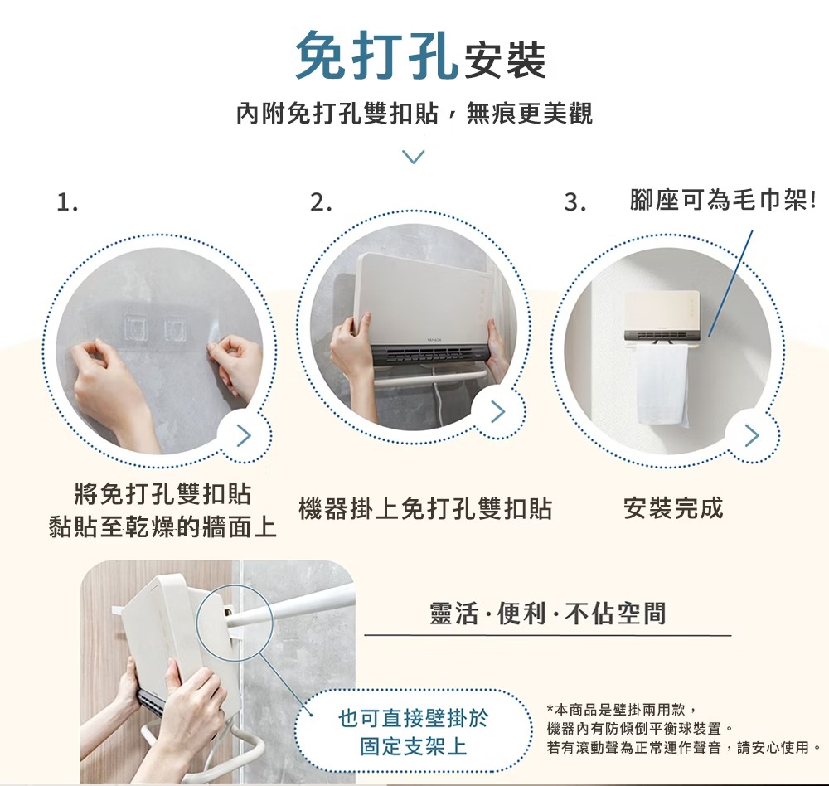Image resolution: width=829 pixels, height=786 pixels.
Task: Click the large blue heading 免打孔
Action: [376, 56]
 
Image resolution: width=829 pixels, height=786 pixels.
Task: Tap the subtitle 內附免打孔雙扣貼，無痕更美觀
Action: [414, 113]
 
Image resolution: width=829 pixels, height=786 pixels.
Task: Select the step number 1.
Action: [67, 201]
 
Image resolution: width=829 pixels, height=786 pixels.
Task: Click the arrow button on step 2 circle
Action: [497, 410]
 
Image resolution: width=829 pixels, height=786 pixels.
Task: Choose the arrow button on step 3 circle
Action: [751, 434]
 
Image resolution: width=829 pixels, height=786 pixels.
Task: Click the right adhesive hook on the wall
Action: [176, 328]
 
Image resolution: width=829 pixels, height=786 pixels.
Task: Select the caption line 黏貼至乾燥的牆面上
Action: [162, 526]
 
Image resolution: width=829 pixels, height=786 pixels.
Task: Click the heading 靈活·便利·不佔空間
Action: [548, 614]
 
